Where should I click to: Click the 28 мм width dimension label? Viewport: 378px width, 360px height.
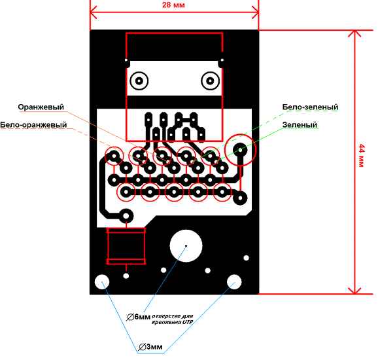pyautogui.click(x=173, y=5)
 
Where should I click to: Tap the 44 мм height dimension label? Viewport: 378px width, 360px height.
pyautogui.click(x=362, y=156)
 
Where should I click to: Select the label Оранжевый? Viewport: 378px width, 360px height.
pyautogui.click(x=41, y=107)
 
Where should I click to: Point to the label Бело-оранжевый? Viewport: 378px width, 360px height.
pyautogui.click(x=33, y=125)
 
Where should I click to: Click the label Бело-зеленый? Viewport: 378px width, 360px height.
pyautogui.click(x=310, y=107)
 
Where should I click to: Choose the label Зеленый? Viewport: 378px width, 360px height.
pyautogui.click(x=300, y=125)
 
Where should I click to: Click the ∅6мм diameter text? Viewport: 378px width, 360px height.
pyautogui.click(x=139, y=317)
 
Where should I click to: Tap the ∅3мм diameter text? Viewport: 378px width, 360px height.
pyautogui.click(x=150, y=347)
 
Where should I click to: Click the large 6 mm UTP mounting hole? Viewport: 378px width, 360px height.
pyautogui.click(x=186, y=246)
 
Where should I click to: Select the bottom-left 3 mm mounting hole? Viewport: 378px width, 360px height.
pyautogui.click(x=102, y=282)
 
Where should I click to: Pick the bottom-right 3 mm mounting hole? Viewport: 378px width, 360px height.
pyautogui.click(x=234, y=282)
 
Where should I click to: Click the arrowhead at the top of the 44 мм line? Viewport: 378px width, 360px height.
pyautogui.click(x=354, y=34)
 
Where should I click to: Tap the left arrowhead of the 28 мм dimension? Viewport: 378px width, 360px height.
pyautogui.click(x=94, y=12)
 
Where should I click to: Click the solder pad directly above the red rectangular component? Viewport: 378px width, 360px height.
pyautogui.click(x=126, y=216)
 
